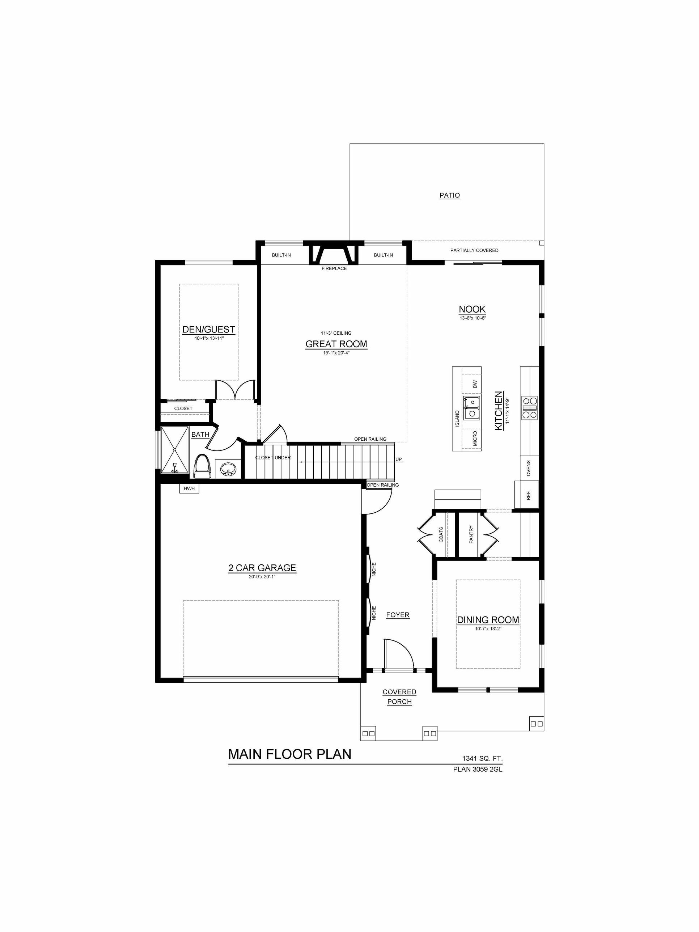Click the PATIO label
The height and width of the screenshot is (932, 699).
(x=450, y=195)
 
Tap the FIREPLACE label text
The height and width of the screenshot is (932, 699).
(x=334, y=268)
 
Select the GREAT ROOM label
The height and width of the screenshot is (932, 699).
(x=336, y=344)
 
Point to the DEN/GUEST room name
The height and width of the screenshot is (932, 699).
(x=208, y=330)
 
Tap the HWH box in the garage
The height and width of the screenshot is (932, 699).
(x=189, y=488)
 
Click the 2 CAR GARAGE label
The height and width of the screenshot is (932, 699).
(x=262, y=568)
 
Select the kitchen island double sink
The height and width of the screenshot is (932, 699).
(x=471, y=408)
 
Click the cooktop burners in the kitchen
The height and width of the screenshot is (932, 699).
(x=530, y=407)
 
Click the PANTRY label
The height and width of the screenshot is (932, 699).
(x=471, y=534)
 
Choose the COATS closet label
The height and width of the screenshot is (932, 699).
(x=441, y=534)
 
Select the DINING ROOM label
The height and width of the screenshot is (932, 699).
(x=488, y=620)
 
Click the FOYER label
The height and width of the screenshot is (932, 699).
(x=398, y=615)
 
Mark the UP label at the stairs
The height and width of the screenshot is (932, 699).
(x=399, y=459)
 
